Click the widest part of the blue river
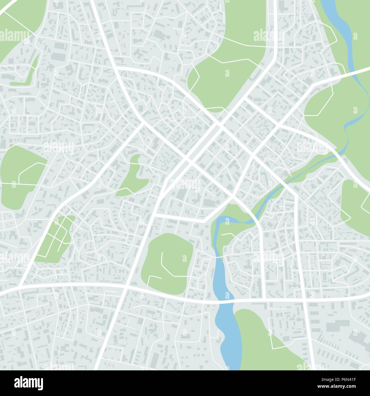click(228, 336)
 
